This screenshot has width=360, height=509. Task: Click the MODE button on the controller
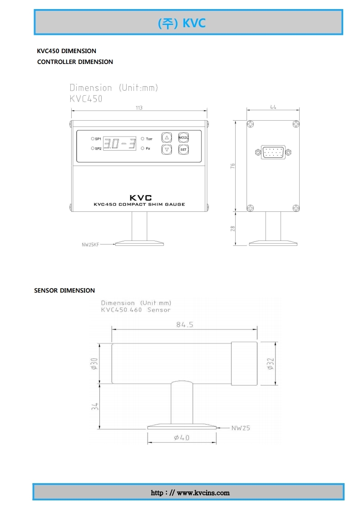coord(183,137)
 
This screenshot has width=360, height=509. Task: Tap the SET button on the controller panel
coord(183,149)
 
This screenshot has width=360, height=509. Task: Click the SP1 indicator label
coord(98,139)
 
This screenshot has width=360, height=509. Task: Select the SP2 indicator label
coord(98,149)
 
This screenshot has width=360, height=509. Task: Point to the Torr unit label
coord(149,139)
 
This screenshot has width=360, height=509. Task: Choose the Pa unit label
coord(148,148)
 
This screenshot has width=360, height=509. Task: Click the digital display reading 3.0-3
coord(119,143)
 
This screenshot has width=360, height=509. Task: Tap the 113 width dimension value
coord(139,108)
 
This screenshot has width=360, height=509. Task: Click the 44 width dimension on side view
coord(273,107)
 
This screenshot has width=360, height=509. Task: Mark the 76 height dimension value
coord(232,166)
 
